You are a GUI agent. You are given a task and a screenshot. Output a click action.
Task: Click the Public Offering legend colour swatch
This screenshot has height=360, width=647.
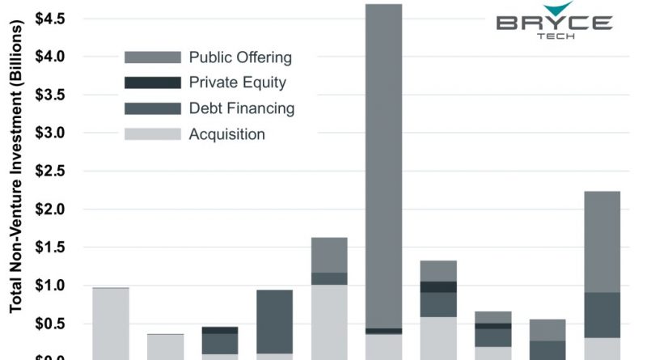pyautogui.click(x=152, y=57)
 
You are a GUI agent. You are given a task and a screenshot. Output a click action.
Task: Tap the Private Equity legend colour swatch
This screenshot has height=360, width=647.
pyautogui.click(x=152, y=83)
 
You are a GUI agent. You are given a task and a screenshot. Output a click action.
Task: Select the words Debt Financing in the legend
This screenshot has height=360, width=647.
pyautogui.click(x=242, y=108)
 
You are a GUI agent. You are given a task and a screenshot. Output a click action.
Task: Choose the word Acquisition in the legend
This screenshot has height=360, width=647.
pyautogui.click(x=226, y=133)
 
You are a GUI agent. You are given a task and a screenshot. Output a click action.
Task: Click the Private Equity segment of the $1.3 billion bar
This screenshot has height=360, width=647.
pyautogui.click(x=438, y=286)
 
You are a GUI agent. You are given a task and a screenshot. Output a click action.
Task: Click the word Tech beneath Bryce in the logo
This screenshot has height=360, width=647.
pyautogui.click(x=555, y=37)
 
